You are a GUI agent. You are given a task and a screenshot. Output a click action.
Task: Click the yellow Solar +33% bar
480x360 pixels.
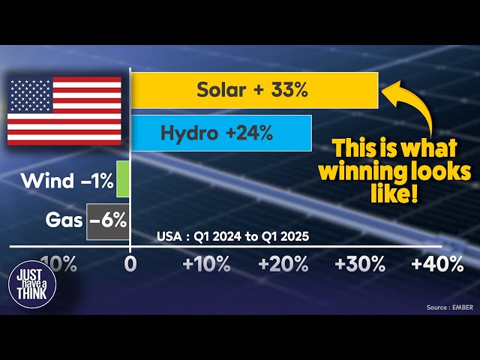pyautogui.click(x=254, y=90)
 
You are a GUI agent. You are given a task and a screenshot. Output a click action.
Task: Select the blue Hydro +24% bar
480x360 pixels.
pyautogui.click(x=221, y=133)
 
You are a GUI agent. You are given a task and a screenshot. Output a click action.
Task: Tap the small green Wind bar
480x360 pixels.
pyautogui.click(x=123, y=180)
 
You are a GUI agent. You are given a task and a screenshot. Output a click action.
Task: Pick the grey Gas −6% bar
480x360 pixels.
pyautogui.click(x=108, y=220)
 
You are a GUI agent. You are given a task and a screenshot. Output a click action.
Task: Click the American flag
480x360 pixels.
pyautogui.click(x=64, y=111)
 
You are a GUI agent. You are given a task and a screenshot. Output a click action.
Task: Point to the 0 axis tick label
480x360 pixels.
pyautogui.click(x=130, y=264)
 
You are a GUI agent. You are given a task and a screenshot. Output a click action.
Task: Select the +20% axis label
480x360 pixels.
pyautogui.click(x=284, y=264)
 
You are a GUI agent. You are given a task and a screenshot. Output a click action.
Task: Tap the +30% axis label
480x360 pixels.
pyautogui.click(x=360, y=264)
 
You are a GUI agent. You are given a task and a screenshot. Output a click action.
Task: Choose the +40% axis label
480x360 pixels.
pyautogui.click(x=438, y=264)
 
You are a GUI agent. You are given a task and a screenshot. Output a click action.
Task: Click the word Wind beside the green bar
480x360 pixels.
pyautogui.click(x=48, y=181)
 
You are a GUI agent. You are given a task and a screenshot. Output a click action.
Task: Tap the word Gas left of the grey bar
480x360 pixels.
pyautogui.click(x=63, y=220)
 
